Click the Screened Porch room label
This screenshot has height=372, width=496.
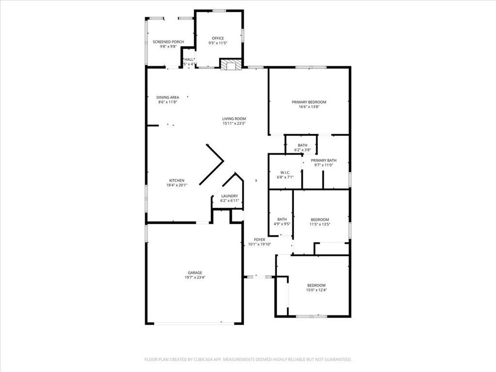click(x=168, y=42)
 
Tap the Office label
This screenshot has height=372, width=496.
click(x=218, y=38)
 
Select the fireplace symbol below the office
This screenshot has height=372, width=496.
click(x=231, y=64)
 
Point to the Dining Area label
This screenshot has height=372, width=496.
click(x=168, y=97)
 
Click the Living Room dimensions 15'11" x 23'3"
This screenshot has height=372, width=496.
click(x=234, y=124)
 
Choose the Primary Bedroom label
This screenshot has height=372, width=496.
click(x=309, y=102)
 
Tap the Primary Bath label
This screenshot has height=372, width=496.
click(x=324, y=160)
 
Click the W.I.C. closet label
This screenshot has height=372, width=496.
click(x=285, y=172)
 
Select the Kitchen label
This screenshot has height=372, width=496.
click(x=177, y=180)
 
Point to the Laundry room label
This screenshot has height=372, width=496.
click(x=230, y=196)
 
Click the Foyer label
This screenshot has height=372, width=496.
click(x=260, y=240)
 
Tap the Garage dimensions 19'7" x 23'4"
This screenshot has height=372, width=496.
click(x=195, y=277)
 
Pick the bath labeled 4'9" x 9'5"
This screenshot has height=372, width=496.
click(x=282, y=219)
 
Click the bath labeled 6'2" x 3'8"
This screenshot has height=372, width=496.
click(x=302, y=145)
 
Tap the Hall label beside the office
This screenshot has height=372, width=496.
click(x=189, y=60)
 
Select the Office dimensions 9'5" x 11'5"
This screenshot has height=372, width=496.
click(x=218, y=43)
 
